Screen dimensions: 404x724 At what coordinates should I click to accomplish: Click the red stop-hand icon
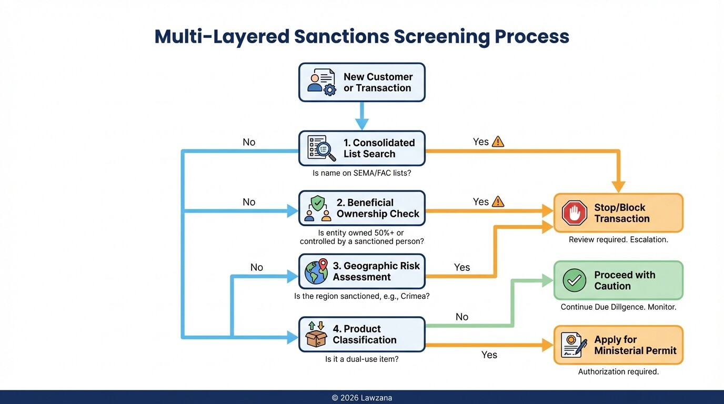click(x=574, y=213)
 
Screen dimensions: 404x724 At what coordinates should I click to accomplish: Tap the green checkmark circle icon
click(x=574, y=280)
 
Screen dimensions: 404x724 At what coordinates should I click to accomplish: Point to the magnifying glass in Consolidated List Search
click(x=325, y=150)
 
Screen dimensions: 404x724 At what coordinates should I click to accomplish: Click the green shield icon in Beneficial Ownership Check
click(x=318, y=203)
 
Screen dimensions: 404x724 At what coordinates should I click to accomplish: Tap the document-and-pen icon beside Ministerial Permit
click(x=574, y=345)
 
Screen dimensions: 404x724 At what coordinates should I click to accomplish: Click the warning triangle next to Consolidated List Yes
click(x=498, y=142)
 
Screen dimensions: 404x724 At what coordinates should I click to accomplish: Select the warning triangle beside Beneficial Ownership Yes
click(x=498, y=201)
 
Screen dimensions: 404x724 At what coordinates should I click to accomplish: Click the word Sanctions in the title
click(x=340, y=37)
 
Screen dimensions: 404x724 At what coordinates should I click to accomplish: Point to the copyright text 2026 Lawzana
click(x=362, y=398)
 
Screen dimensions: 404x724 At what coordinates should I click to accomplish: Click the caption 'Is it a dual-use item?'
click(x=361, y=359)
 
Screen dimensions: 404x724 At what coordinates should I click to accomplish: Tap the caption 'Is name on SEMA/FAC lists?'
click(x=361, y=173)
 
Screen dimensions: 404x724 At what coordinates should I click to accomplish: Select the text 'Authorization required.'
click(x=618, y=371)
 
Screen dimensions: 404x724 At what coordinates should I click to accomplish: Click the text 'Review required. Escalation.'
click(x=618, y=239)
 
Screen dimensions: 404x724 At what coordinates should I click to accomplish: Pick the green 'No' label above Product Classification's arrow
click(x=462, y=317)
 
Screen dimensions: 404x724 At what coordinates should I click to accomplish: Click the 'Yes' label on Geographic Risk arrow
click(x=462, y=267)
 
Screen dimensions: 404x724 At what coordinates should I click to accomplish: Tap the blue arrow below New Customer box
click(x=362, y=116)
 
